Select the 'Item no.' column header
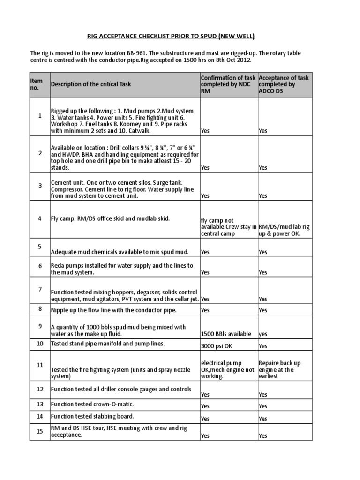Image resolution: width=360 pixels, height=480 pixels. click(37, 84)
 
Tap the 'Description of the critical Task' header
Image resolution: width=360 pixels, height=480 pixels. click(91, 84)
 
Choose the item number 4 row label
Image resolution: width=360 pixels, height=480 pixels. click(40, 218)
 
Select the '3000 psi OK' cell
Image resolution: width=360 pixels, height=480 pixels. click(216, 346)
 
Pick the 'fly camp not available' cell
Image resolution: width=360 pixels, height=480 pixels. click(228, 227)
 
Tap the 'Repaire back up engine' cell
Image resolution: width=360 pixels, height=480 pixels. click(280, 369)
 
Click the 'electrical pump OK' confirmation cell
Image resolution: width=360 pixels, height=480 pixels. click(228, 369)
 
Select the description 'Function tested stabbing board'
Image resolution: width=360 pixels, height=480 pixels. click(92, 416)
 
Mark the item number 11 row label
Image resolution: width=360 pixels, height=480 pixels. click(40, 364)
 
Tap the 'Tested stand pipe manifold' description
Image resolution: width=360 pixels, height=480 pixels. click(108, 344)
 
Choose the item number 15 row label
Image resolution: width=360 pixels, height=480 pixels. click(40, 431)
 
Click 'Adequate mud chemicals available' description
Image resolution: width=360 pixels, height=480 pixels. click(120, 252)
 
